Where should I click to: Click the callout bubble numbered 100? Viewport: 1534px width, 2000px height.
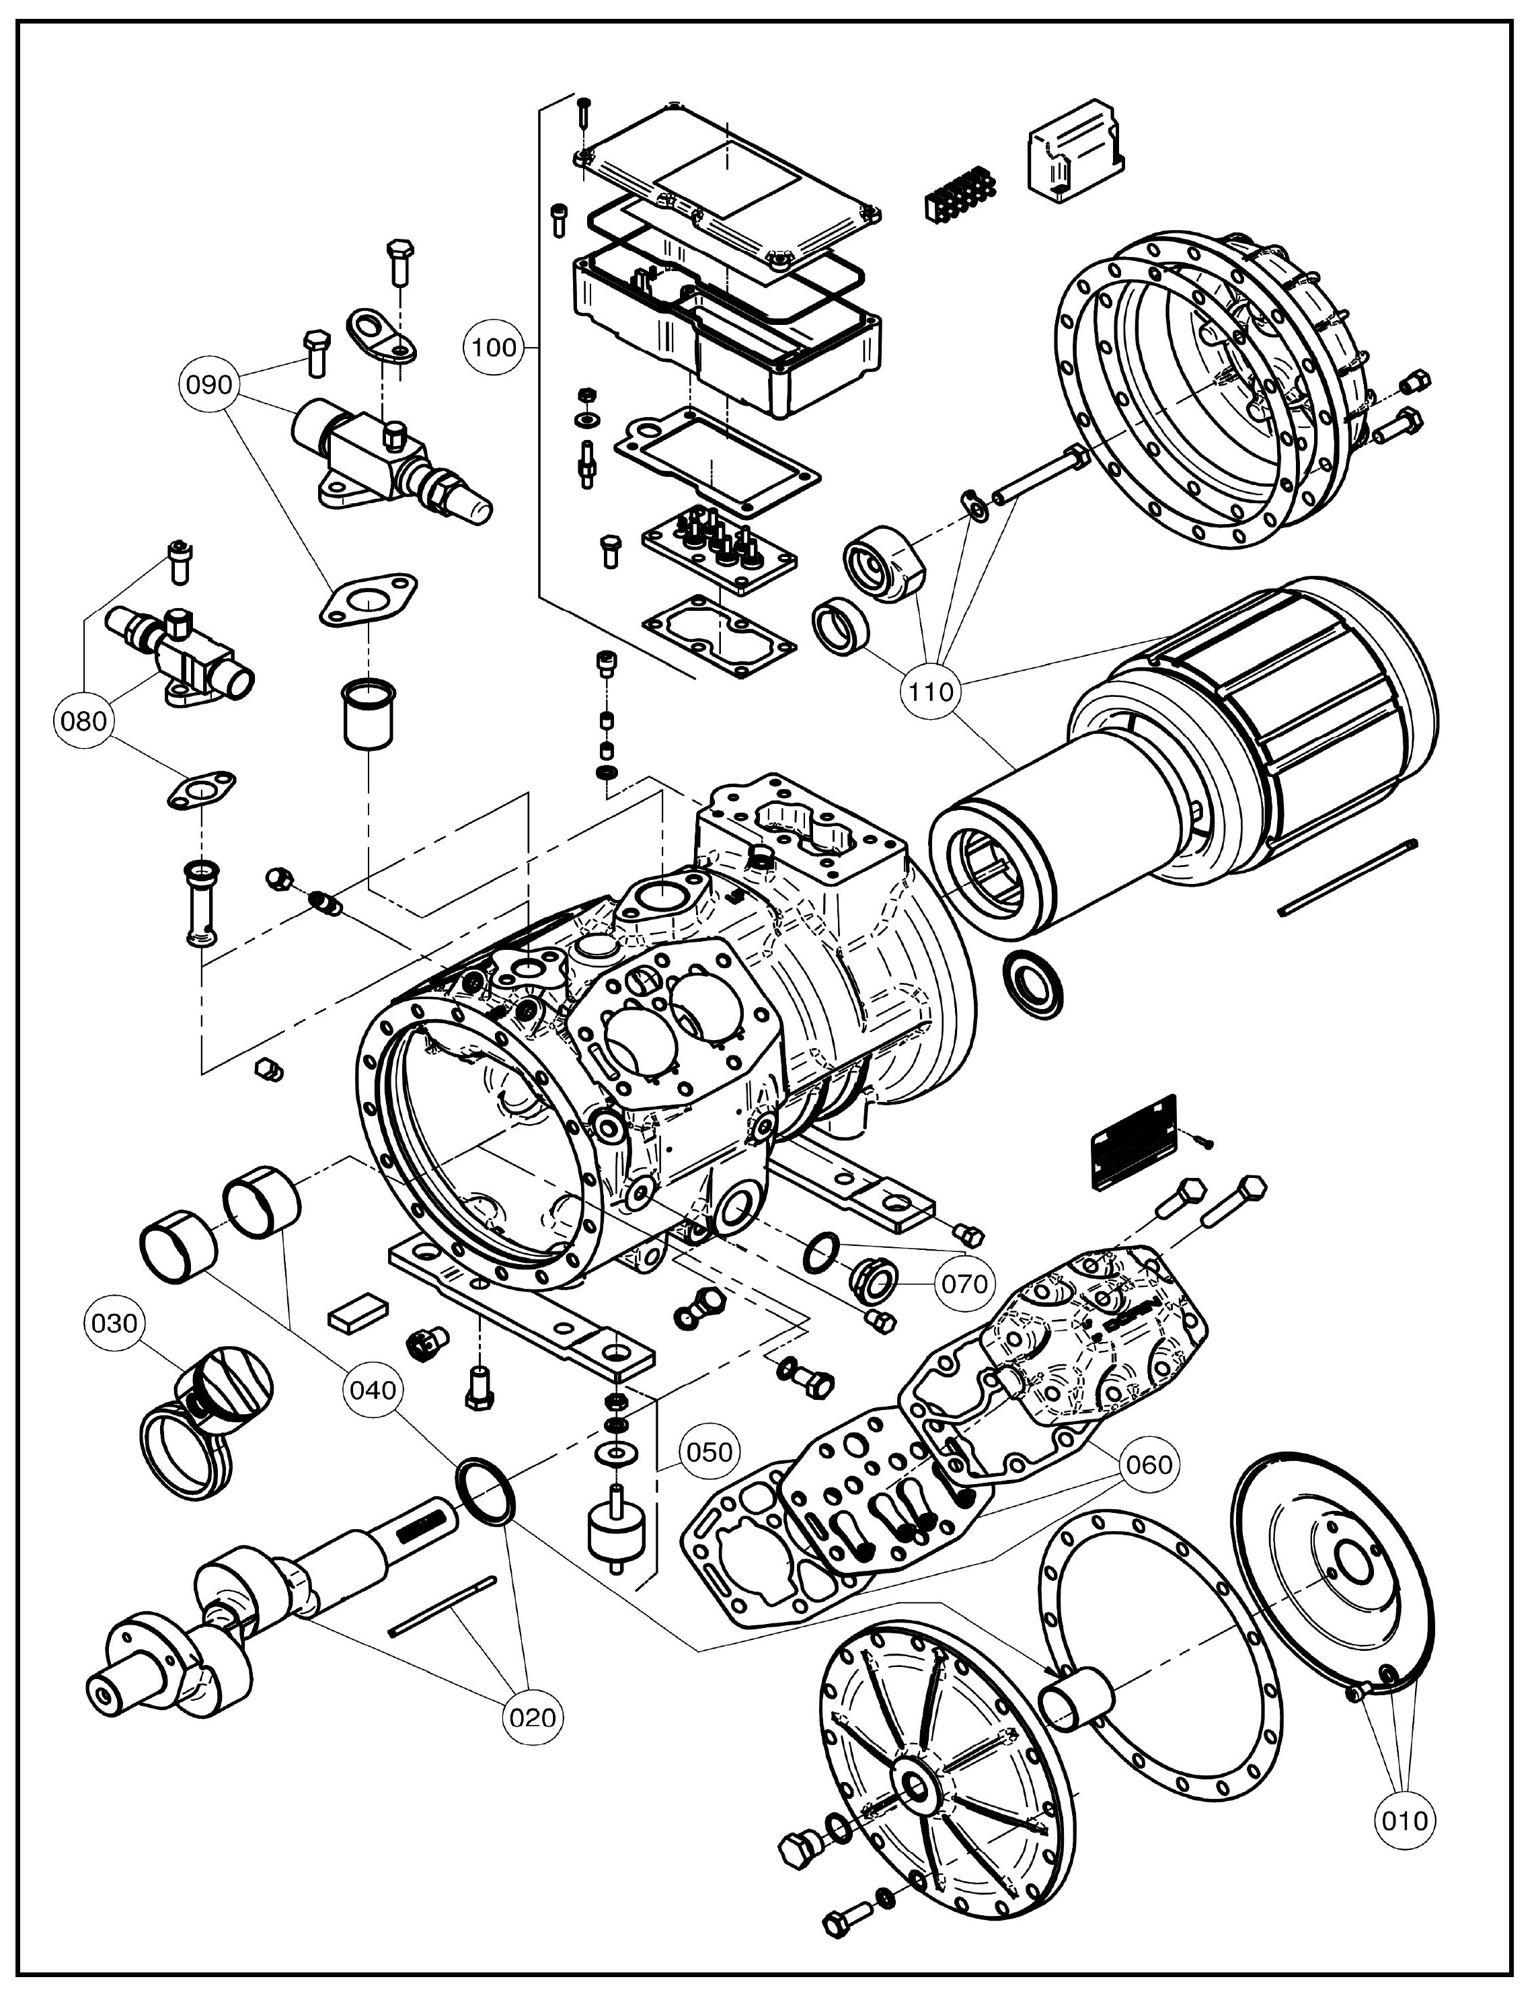[494, 347]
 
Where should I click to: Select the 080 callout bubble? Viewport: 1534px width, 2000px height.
[83, 721]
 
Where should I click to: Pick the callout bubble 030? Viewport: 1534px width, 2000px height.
[114, 1323]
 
